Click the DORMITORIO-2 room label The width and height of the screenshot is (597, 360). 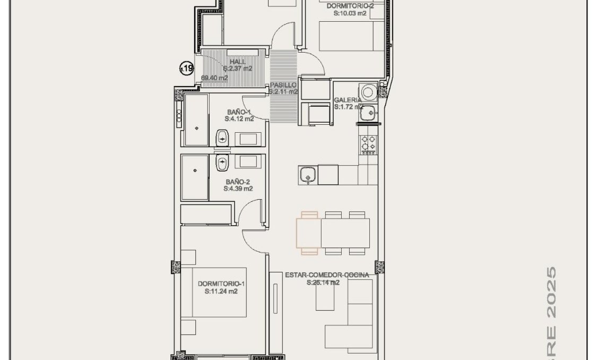[347, 6]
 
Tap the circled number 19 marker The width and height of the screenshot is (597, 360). [186, 68]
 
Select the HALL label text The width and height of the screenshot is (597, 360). [238, 62]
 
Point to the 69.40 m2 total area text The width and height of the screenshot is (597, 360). [214, 78]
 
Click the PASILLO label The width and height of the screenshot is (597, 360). [283, 85]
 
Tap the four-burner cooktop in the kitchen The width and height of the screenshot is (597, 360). [369, 142]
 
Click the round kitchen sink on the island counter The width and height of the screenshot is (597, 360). [307, 174]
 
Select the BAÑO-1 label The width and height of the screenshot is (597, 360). [238, 112]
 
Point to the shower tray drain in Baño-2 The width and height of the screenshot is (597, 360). [195, 170]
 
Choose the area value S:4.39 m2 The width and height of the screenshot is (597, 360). [238, 188]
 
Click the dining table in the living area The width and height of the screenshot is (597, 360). [333, 233]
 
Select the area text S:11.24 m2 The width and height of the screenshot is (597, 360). [221, 292]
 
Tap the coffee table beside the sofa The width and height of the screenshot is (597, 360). [325, 298]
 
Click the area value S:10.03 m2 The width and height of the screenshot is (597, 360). [347, 14]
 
